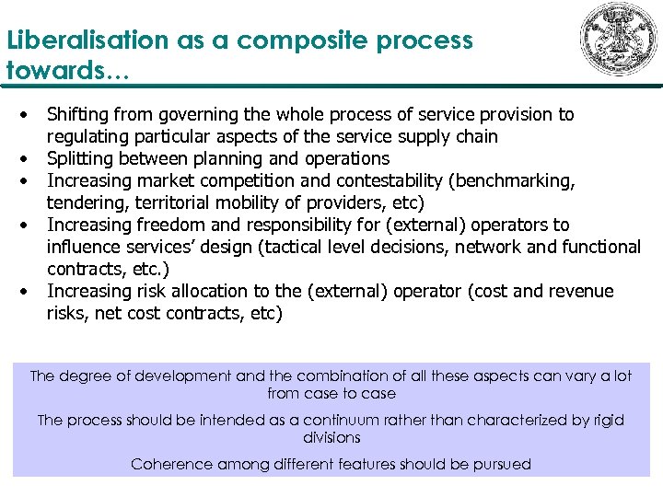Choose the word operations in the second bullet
click(348, 158)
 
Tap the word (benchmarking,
click(514, 180)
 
